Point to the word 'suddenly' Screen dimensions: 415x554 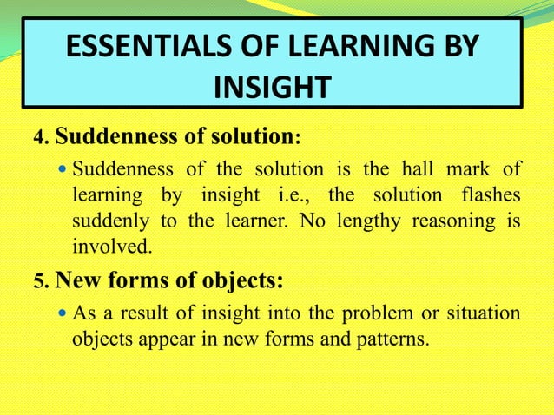pyautogui.click(x=103, y=221)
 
